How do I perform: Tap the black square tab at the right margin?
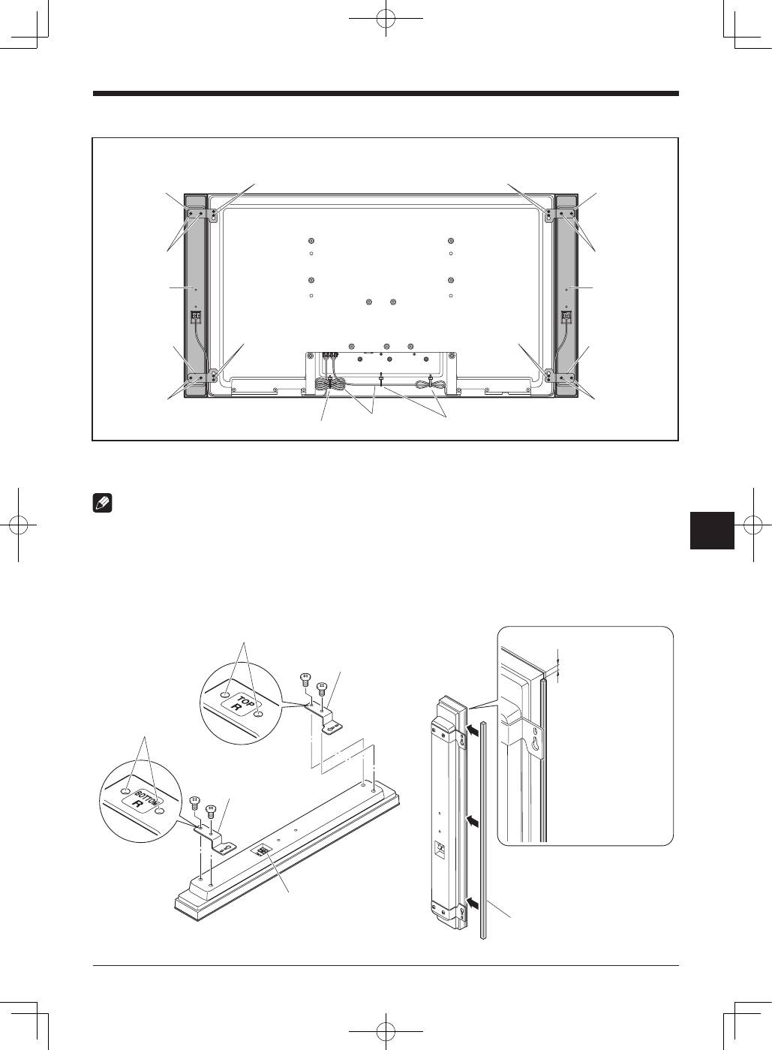tap(712, 530)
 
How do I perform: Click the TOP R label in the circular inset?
tap(244, 705)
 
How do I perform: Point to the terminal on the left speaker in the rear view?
tap(197, 317)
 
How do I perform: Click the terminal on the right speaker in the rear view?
tap(567, 317)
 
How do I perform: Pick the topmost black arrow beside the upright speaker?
tap(473, 730)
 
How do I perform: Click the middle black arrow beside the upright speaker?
tap(473, 821)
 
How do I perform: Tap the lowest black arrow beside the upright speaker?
tap(473, 901)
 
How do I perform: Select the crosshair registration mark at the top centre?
tap(386, 20)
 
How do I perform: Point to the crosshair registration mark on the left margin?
tap(19, 525)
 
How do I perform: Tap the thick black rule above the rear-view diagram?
tap(386, 94)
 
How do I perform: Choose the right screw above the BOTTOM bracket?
tap(210, 812)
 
